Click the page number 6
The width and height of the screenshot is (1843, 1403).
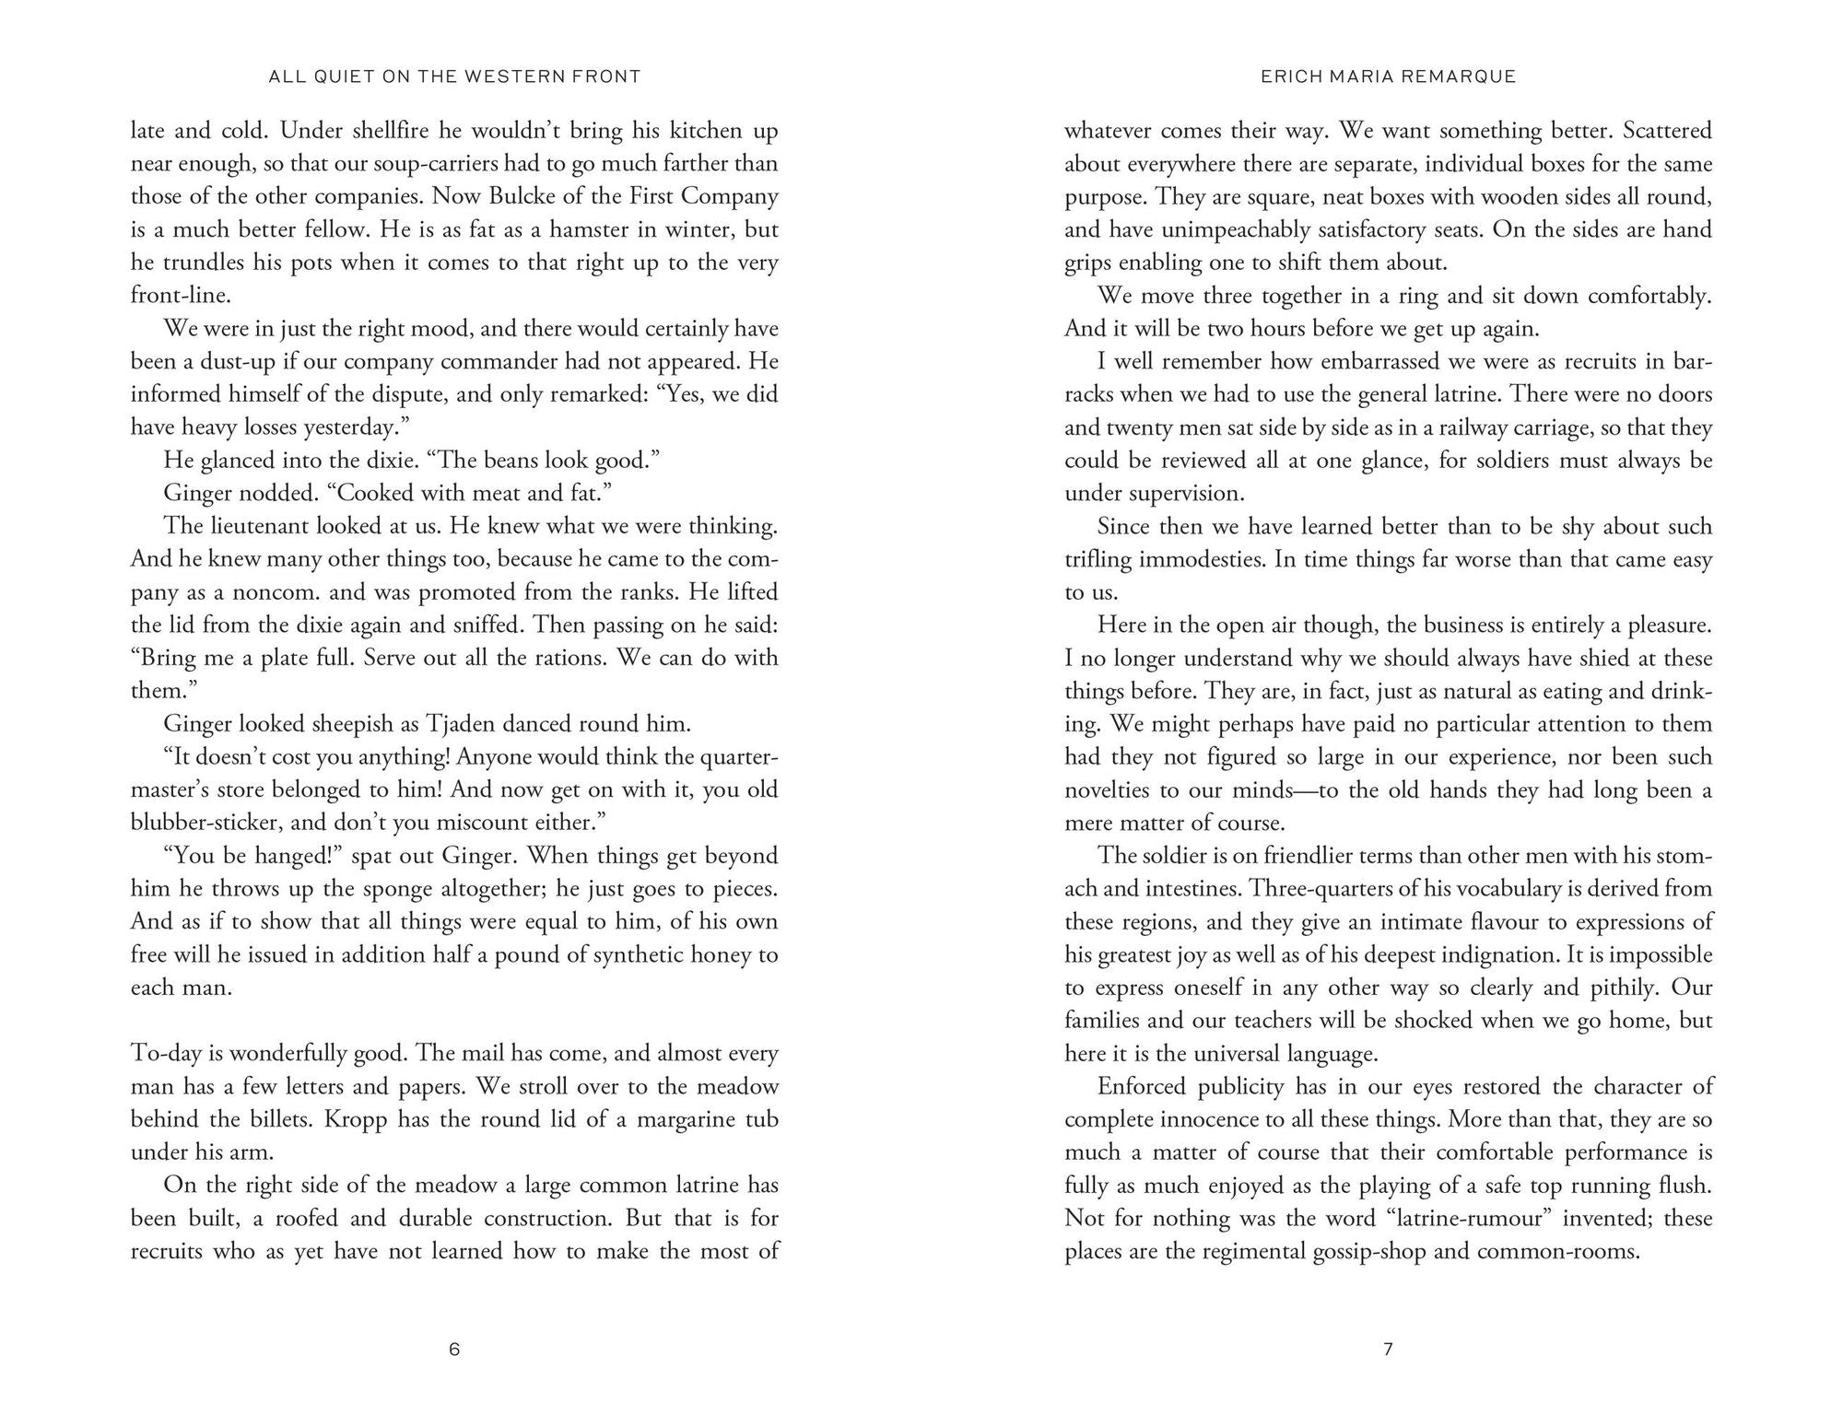(x=453, y=1350)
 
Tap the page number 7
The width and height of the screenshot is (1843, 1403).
(x=1388, y=1350)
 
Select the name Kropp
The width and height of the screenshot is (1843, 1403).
(x=386, y=1119)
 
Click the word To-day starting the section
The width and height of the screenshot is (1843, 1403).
(x=166, y=1053)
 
